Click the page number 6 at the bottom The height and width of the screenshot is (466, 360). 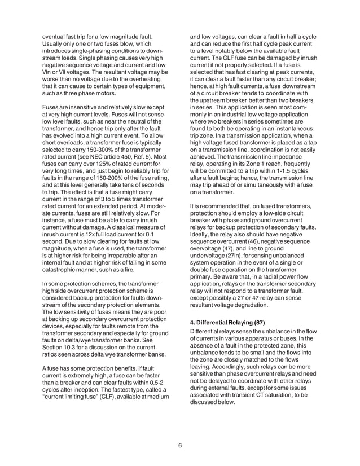click(x=179, y=445)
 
